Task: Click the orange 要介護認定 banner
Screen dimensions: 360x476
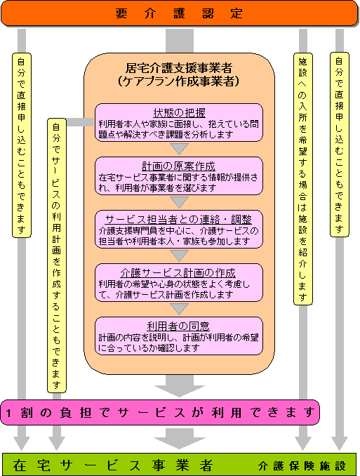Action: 180,13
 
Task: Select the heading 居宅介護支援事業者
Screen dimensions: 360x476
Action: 179,68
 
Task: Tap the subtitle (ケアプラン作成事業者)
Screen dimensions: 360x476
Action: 179,81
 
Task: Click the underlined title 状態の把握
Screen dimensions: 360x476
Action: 179,112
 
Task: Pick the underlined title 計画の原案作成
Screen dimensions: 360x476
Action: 179,166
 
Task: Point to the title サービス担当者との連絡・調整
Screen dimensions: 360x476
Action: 179,220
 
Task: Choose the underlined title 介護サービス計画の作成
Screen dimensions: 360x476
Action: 178,273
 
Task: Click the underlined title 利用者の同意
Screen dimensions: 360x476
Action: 178,326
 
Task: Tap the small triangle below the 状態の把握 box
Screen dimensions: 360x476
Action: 179,149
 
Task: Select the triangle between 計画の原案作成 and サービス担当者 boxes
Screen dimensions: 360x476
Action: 179,202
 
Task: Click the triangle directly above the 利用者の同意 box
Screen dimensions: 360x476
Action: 179,309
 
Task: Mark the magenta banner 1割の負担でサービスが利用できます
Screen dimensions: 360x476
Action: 160,412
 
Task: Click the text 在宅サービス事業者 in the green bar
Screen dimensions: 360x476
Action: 112,465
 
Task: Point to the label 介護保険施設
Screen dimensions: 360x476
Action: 302,465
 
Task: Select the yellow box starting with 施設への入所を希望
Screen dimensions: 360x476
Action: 303,179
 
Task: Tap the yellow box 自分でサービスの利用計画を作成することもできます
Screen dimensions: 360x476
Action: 57,256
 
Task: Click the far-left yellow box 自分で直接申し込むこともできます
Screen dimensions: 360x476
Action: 22,145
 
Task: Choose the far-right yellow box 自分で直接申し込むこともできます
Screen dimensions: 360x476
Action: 340,145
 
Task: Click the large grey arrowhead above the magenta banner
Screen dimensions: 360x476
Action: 180,391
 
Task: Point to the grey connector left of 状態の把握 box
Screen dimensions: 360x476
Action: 80,122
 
